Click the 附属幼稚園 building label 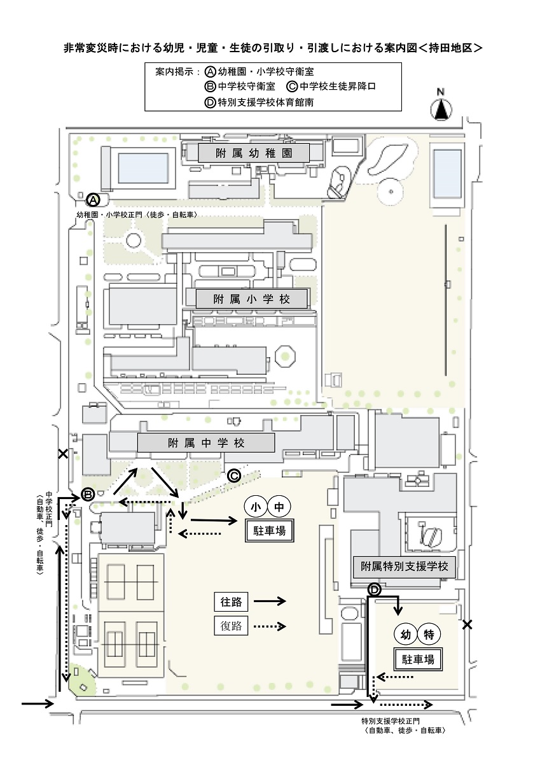254,153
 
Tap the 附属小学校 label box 251,299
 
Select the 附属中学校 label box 206,442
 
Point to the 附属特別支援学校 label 404,566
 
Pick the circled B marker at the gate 88,495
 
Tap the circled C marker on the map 234,476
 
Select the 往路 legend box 231,602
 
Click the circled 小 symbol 256,507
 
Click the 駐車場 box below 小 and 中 269,530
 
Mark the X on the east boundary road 467,624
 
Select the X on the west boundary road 63,454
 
